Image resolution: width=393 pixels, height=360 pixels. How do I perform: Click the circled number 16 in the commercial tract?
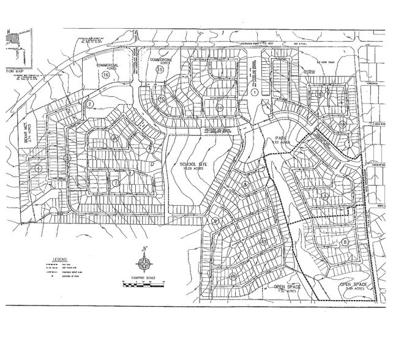(106, 75)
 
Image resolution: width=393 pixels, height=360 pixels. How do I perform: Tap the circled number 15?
(160, 70)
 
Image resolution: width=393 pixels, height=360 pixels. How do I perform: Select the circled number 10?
(162, 99)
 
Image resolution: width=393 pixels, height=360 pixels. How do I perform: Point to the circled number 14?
(219, 108)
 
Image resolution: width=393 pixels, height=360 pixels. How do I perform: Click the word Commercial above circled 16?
(107, 64)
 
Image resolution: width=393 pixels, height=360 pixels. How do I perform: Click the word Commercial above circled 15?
(162, 60)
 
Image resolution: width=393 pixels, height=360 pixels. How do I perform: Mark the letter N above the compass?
(144, 249)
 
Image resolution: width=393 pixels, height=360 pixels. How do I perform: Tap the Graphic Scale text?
(143, 279)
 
